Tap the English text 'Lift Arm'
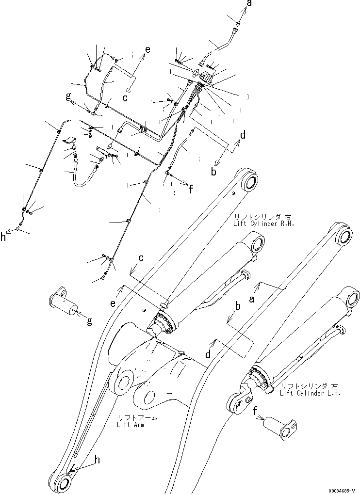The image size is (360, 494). pyautogui.click(x=131, y=425)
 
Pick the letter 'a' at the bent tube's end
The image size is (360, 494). pyautogui.click(x=249, y=4)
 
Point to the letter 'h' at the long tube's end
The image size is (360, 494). pyautogui.click(x=3, y=237)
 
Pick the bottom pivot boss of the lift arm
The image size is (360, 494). pyautogui.click(x=63, y=483)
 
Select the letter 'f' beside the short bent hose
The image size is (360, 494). pyautogui.click(x=191, y=190)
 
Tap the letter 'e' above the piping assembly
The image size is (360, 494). pyautogui.click(x=147, y=49)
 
